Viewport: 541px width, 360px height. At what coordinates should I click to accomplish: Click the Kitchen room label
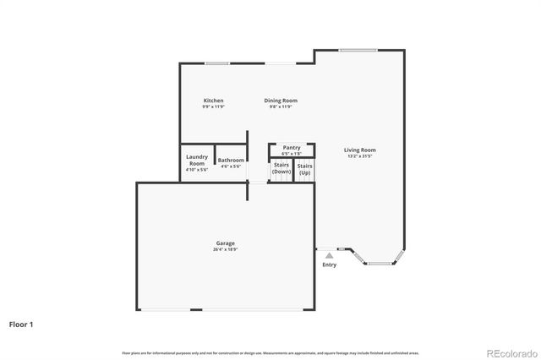(213, 101)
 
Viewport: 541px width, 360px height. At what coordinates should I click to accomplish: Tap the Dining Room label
(281, 101)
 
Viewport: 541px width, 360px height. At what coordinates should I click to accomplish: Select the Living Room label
(360, 150)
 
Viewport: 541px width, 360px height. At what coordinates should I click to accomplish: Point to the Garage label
(225, 243)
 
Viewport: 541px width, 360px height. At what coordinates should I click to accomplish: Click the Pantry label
(292, 147)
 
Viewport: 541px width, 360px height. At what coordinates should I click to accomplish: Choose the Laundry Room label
(197, 160)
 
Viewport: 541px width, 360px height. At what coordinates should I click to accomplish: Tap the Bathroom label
(231, 160)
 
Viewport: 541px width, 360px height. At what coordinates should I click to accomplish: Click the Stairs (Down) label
(281, 169)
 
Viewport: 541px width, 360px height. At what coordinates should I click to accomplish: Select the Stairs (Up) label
(305, 169)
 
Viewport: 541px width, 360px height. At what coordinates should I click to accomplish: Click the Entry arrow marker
(330, 255)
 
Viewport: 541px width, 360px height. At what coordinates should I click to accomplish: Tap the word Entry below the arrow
(330, 265)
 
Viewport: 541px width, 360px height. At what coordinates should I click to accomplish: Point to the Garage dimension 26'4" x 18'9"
(225, 249)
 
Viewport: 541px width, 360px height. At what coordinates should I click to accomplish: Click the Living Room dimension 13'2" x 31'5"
(360, 156)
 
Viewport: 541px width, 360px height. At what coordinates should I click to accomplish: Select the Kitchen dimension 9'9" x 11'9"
(213, 107)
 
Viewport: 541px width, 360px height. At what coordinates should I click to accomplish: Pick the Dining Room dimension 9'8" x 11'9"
(281, 107)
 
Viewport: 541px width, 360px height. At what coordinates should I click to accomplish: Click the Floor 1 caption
(22, 324)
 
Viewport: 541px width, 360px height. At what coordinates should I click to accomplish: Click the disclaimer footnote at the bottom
(270, 352)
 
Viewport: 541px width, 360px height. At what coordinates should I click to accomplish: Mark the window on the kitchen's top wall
(216, 63)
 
